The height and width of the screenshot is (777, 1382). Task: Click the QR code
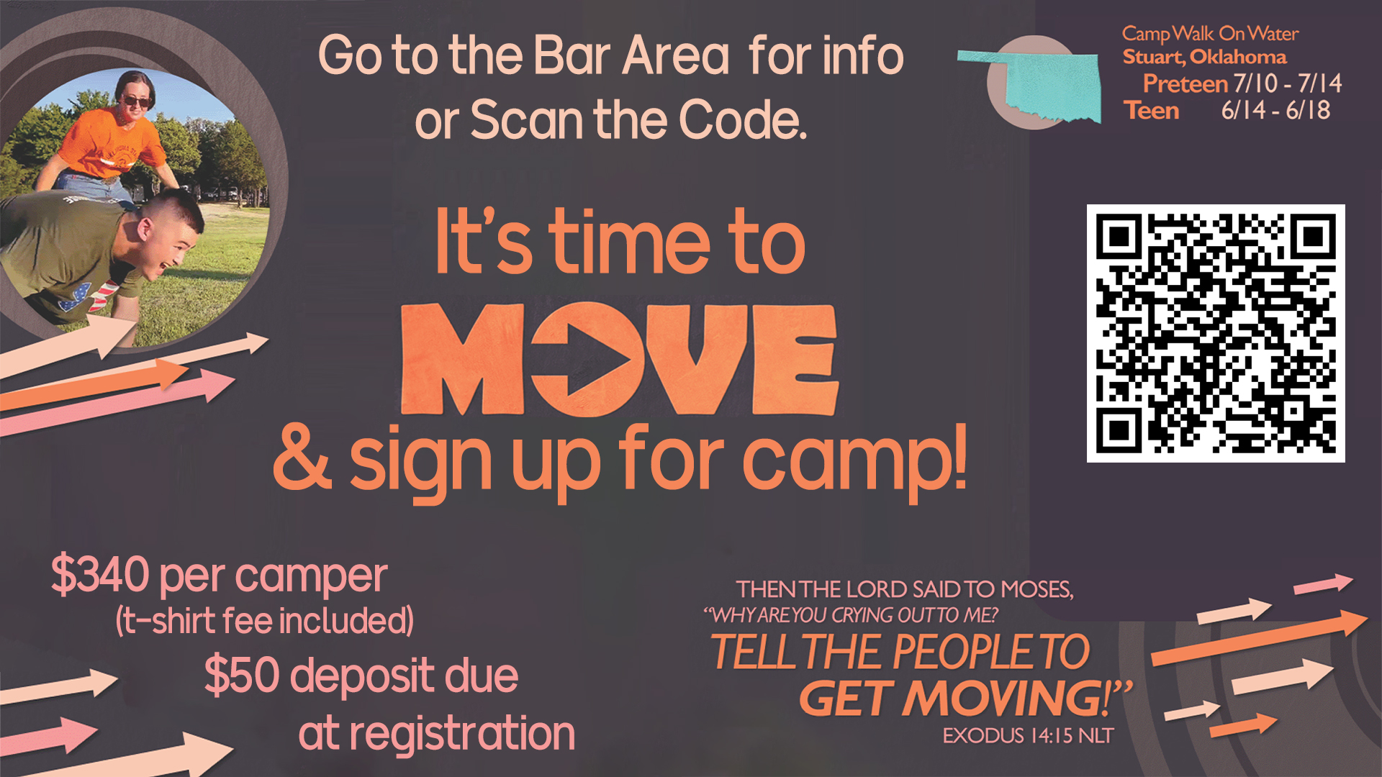[1216, 333]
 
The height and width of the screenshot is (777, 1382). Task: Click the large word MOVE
[620, 360]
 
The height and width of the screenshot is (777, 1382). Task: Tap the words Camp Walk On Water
[1210, 34]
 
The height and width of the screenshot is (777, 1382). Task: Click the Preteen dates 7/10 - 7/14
[1288, 83]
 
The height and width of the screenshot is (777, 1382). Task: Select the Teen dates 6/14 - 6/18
[1275, 110]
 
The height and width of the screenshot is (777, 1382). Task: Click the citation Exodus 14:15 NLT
[1029, 735]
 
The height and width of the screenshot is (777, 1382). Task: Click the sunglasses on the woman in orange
[136, 101]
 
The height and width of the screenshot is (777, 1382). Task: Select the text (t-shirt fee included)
[264, 621]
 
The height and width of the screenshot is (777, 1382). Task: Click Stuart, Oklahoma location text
[1204, 57]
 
